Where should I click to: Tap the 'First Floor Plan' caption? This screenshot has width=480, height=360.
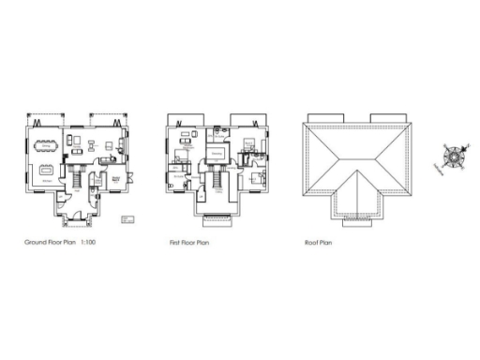[188, 242]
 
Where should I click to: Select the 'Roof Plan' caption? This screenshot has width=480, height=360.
[319, 242]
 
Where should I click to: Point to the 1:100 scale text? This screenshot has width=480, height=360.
[89, 242]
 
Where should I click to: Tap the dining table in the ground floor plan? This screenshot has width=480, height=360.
[47, 145]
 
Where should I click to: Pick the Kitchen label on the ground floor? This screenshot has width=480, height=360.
[45, 181]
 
